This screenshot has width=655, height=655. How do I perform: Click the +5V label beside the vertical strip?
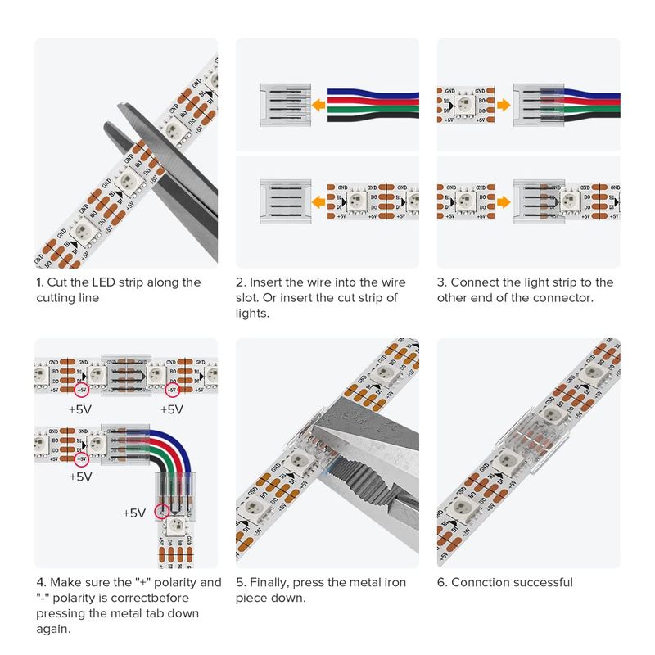point(133,513)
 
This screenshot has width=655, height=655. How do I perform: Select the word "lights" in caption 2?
point(255,314)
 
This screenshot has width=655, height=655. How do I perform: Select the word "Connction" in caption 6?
point(481,583)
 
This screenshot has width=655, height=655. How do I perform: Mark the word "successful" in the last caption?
point(543,583)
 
